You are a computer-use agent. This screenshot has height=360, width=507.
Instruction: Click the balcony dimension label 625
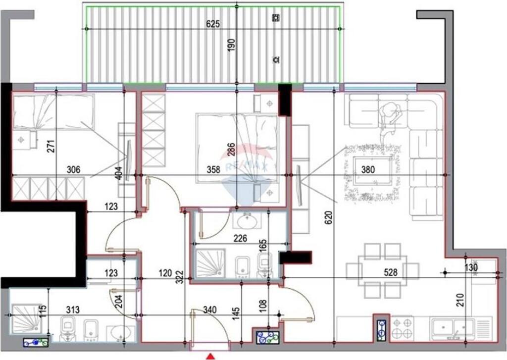click(x=212, y=24)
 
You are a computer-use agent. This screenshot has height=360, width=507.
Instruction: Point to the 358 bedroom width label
click(x=213, y=169)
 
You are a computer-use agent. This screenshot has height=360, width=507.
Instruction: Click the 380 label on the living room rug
click(x=368, y=169)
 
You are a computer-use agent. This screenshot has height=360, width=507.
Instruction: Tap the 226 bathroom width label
click(x=240, y=239)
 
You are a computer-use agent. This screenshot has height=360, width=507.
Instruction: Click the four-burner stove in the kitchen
click(x=402, y=328)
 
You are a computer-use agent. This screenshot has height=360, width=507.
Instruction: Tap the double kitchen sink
click(x=452, y=328)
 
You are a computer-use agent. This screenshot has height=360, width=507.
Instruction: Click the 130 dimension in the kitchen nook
click(x=471, y=268)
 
